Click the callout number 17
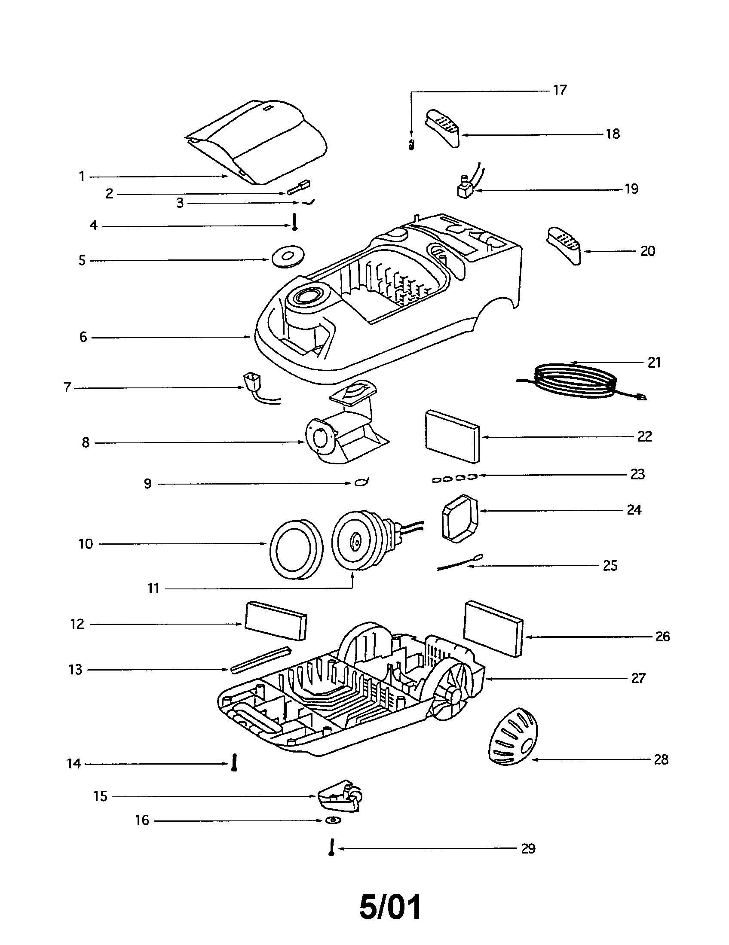559,90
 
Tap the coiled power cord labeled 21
573,381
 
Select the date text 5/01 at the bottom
390,908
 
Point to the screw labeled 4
294,223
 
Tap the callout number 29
528,848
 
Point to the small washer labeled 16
333,820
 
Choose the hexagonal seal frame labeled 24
460,518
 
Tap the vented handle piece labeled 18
443,128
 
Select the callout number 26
662,637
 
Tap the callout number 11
153,588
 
